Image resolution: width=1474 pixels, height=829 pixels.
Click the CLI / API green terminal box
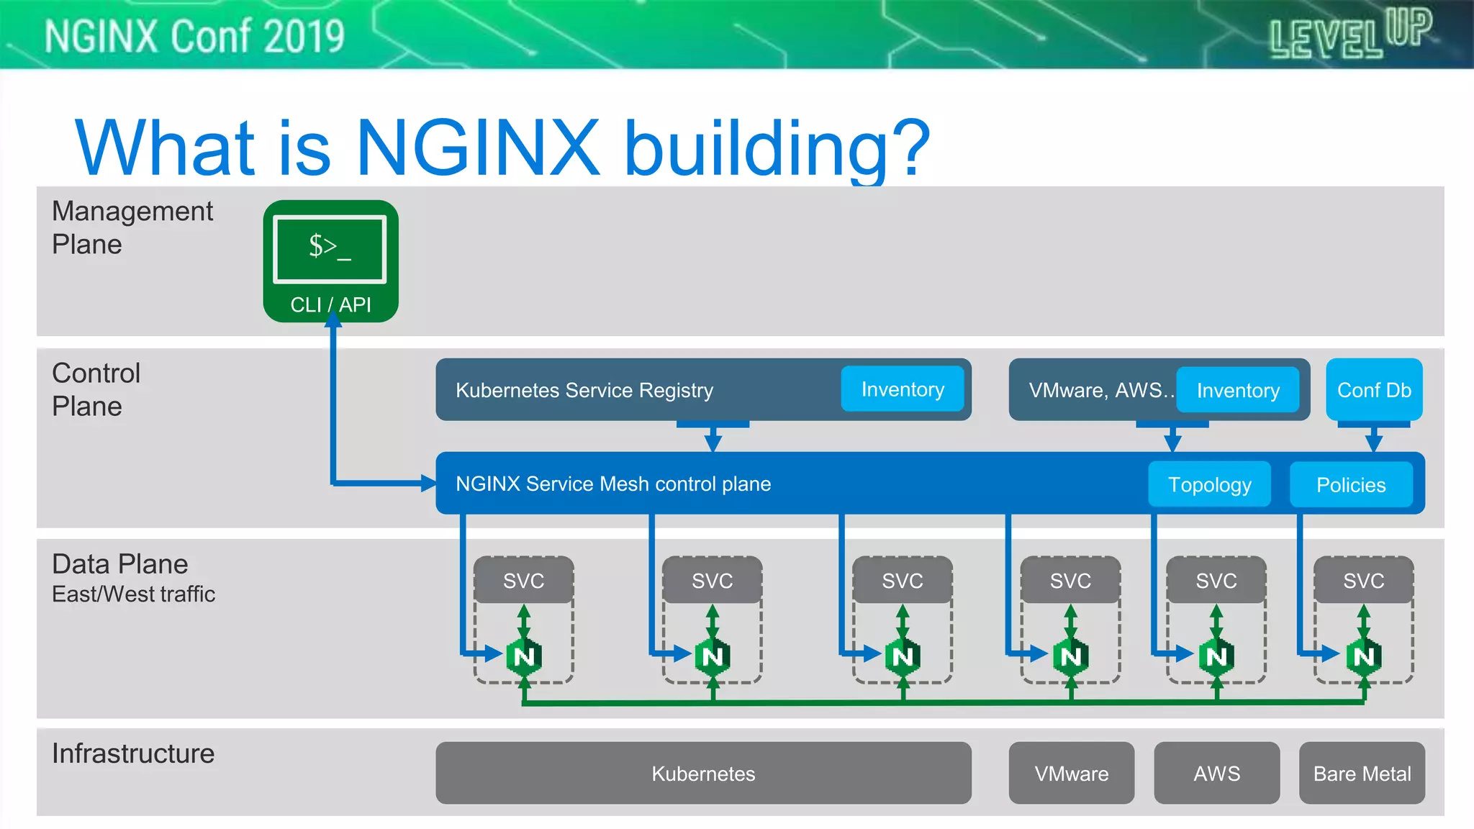tap(330, 261)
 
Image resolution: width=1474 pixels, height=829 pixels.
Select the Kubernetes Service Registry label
tap(584, 390)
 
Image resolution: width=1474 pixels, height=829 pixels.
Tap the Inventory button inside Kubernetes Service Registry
tap(902, 389)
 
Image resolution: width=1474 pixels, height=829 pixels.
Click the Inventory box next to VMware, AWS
tap(1237, 391)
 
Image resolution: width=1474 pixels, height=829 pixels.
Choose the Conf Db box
tap(1373, 390)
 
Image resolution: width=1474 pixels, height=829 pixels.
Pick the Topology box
tap(1209, 485)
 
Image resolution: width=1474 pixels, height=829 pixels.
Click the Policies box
tap(1350, 485)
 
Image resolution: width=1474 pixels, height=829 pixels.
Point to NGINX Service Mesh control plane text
tap(612, 484)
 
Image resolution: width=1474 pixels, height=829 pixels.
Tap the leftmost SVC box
tap(523, 581)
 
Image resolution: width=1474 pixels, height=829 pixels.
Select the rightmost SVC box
tap(1363, 581)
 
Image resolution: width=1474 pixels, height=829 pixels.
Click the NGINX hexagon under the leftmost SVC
tap(524, 656)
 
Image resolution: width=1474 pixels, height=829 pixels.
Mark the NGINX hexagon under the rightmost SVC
tap(1364, 656)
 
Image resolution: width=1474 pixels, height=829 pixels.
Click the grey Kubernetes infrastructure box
tap(703, 774)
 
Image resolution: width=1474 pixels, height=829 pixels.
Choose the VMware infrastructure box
tap(1071, 774)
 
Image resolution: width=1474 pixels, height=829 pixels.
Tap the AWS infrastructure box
tap(1216, 774)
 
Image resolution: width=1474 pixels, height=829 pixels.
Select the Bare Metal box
tap(1362, 774)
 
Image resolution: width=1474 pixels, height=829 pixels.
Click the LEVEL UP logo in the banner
tap(1350, 34)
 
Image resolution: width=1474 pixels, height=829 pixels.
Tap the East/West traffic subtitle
tap(133, 594)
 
